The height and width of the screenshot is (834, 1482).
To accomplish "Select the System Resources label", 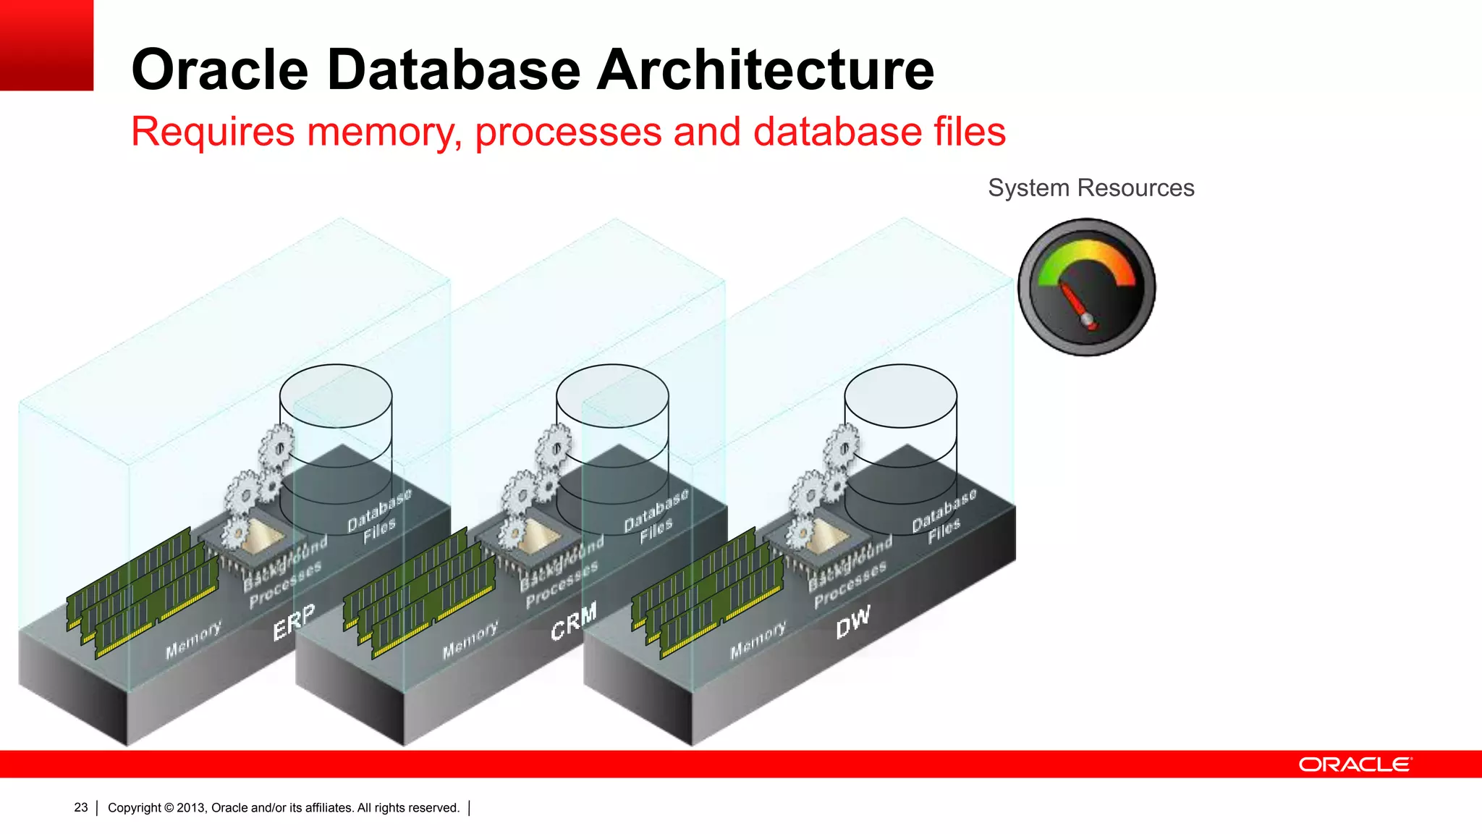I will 1091,188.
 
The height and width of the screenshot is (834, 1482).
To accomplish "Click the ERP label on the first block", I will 294,621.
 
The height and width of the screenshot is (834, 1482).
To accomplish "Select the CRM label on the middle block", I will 573,621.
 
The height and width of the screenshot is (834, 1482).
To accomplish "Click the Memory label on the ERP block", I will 192,640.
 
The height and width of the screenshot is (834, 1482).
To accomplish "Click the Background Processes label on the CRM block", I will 562,572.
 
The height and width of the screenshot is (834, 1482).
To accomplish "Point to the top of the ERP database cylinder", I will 336,395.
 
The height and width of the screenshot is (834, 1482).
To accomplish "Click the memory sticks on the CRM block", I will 418,590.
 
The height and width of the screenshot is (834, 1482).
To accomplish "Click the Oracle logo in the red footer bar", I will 1354,764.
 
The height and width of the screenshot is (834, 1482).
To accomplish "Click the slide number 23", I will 80,807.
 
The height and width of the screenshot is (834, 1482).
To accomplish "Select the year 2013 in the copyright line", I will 191,808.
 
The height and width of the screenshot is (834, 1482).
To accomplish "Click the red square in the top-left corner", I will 46,45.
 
